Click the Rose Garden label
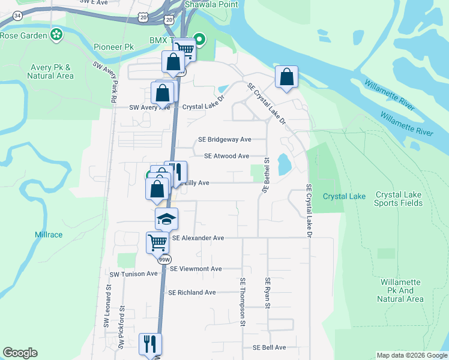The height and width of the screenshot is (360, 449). (x=23, y=35)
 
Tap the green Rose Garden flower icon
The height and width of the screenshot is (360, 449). (x=57, y=35)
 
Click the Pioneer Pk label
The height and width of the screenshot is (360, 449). (x=113, y=47)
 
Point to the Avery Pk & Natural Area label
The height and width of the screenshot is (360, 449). (x=51, y=72)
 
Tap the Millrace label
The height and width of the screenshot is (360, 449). (x=49, y=235)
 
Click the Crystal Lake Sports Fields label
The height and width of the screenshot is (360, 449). (x=399, y=199)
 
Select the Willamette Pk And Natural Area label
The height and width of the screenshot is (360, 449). (x=402, y=290)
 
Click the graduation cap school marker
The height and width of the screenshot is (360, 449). (x=166, y=218)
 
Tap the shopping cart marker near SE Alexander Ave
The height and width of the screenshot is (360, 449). (x=157, y=242)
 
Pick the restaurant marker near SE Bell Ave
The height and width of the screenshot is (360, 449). (x=150, y=344)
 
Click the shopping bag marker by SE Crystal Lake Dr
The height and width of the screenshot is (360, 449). (x=287, y=76)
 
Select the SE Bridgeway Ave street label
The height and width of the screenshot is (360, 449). (x=233, y=139)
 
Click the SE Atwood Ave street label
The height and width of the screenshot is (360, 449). (x=226, y=156)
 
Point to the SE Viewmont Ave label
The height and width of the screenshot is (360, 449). (x=196, y=269)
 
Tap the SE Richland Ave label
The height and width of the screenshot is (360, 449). (x=191, y=293)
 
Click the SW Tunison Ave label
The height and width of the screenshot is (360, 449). (x=133, y=274)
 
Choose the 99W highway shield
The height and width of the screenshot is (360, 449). (x=164, y=259)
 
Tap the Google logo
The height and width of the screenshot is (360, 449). (x=20, y=353)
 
